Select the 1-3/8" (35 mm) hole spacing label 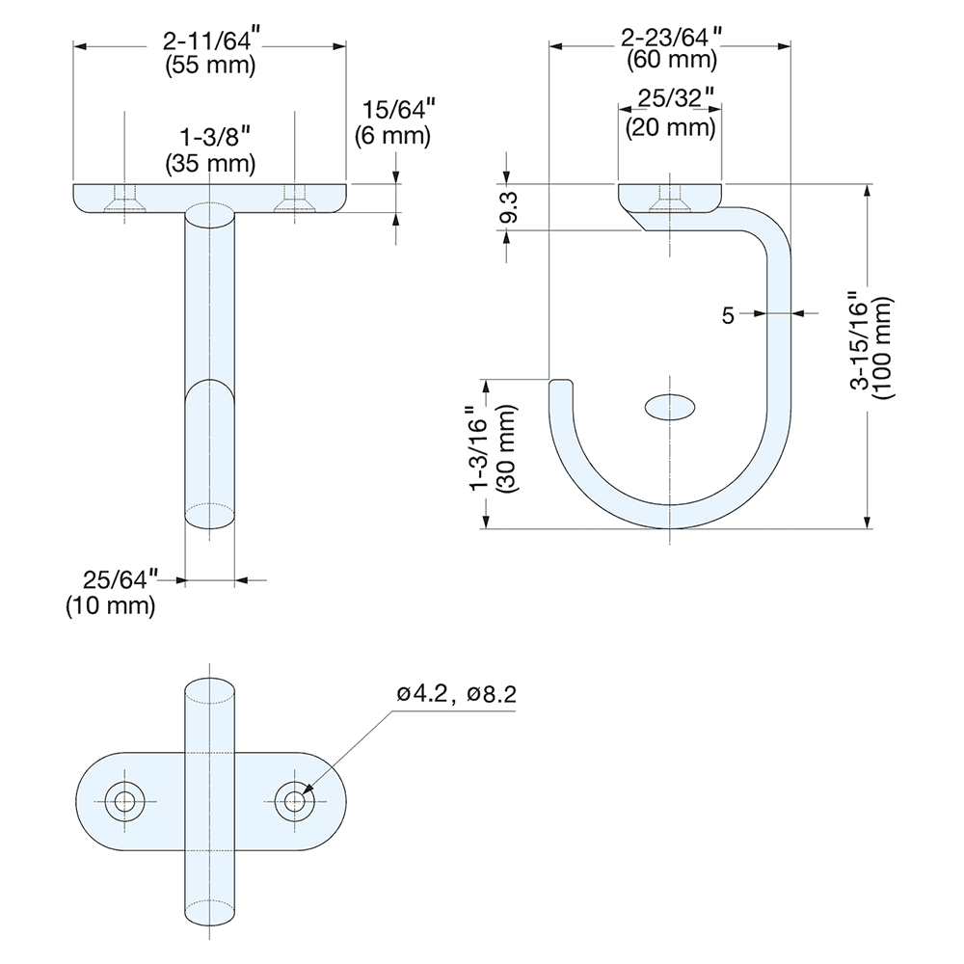click(x=210, y=150)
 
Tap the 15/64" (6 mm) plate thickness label click(x=393, y=123)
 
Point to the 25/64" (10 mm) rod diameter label click(x=111, y=593)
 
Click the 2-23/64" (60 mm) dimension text click(x=671, y=48)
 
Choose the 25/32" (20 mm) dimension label click(x=671, y=113)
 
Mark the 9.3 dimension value click(x=509, y=207)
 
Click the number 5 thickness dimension click(x=728, y=315)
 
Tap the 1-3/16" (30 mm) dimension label click(x=494, y=448)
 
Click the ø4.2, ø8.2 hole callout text click(x=457, y=694)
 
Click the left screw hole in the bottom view click(x=124, y=802)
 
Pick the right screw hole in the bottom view click(x=294, y=802)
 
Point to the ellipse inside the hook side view click(x=670, y=407)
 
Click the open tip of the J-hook click(x=561, y=381)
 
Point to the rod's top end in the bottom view click(x=209, y=690)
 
